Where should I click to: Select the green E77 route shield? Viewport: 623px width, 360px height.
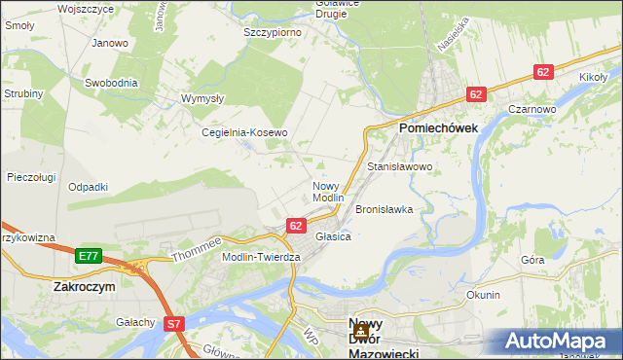(89, 256)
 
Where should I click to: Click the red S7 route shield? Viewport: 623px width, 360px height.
(174, 323)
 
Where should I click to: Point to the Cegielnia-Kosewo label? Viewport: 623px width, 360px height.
(244, 132)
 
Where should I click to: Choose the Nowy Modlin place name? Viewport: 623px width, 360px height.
(329, 192)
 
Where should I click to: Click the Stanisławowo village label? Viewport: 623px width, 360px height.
(399, 167)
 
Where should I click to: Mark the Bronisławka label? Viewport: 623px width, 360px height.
(385, 209)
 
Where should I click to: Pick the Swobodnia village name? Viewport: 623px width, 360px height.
(111, 83)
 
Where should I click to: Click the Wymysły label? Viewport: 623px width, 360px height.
(203, 98)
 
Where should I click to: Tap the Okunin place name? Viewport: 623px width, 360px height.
(483, 295)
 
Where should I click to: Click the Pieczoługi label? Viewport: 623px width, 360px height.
(30, 177)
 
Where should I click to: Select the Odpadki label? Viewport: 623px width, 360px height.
(88, 187)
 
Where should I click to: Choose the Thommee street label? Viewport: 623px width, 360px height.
(197, 250)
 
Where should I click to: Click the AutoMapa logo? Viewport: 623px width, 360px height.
(562, 342)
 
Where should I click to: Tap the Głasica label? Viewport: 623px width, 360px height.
(333, 235)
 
